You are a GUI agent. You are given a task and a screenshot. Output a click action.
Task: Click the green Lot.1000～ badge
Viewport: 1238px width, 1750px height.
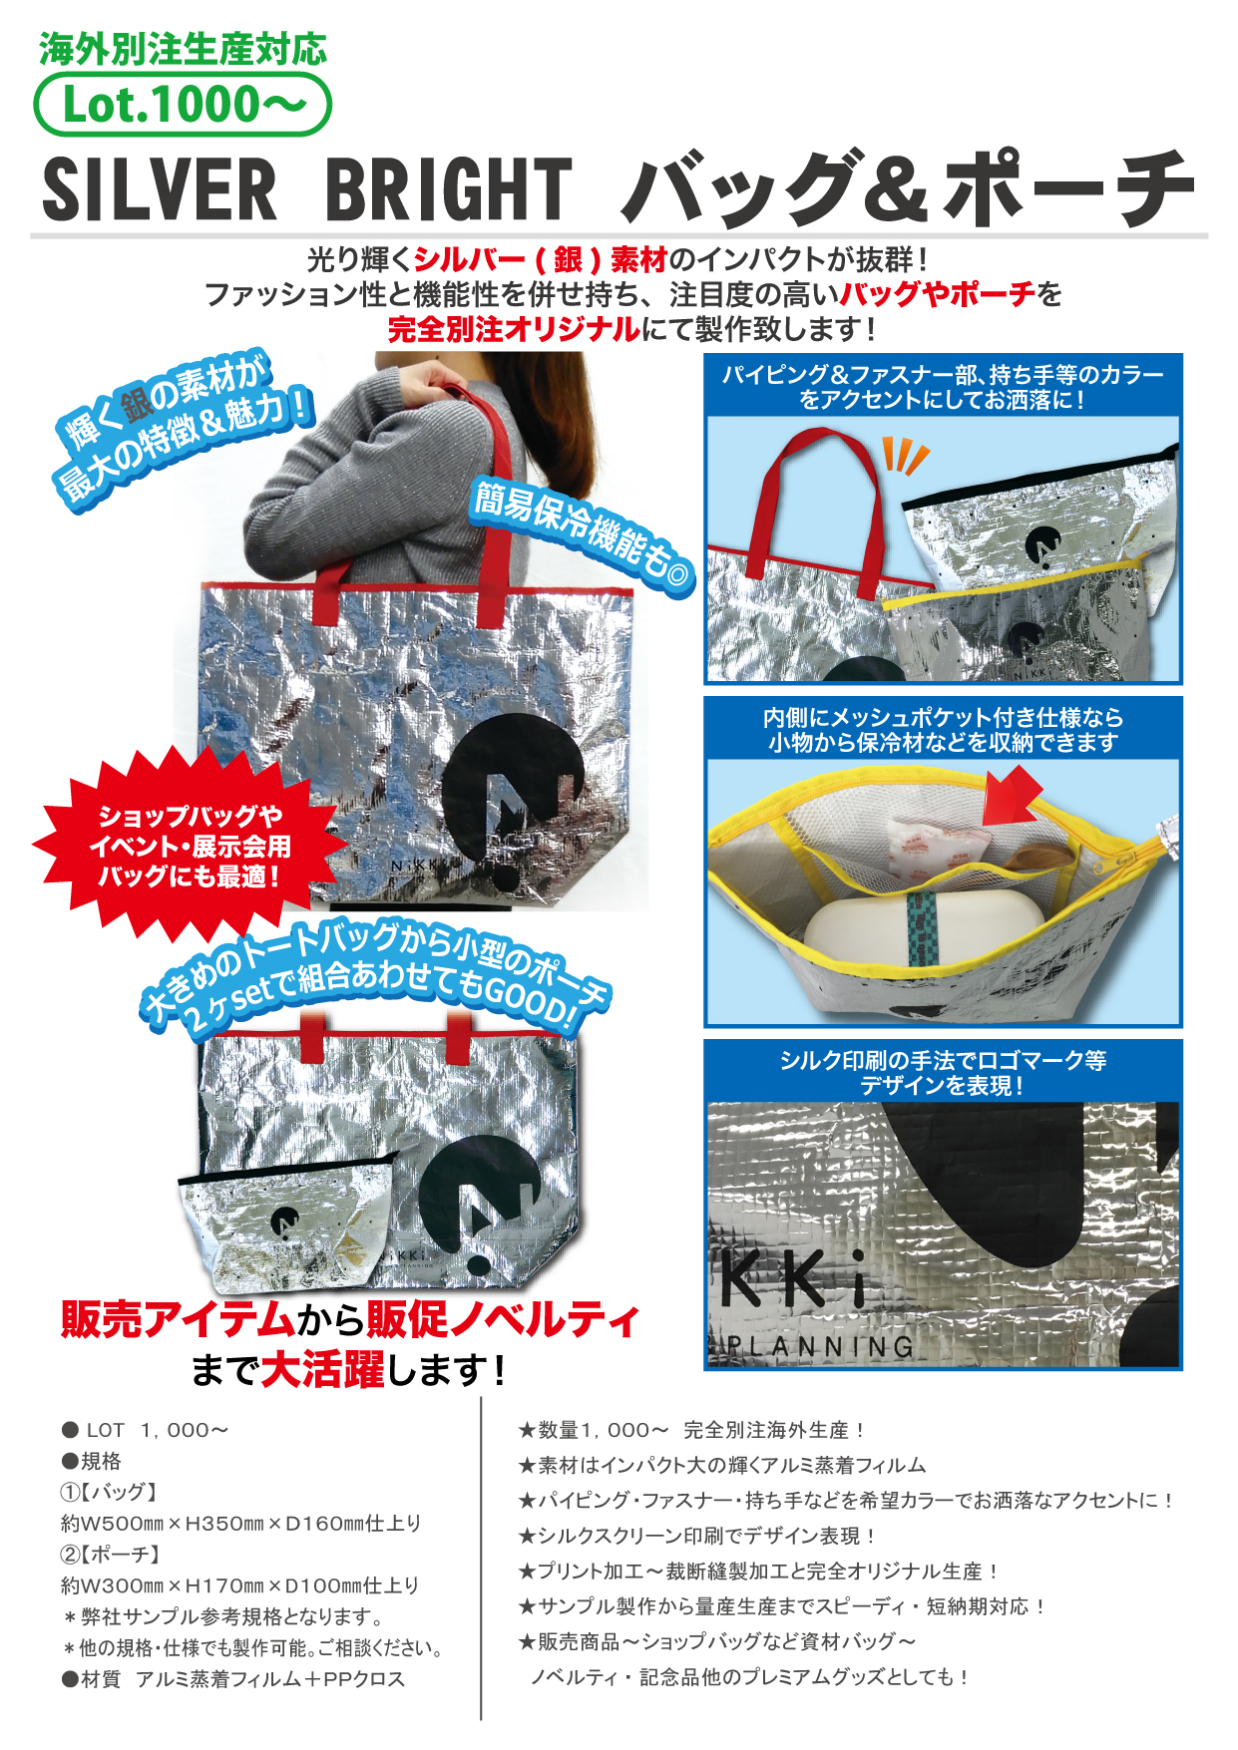(x=183, y=105)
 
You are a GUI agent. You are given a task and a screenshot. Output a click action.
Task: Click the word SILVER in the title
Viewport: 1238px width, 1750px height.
(x=160, y=189)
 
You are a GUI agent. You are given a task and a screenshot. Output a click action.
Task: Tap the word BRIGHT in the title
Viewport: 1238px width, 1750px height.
(x=449, y=189)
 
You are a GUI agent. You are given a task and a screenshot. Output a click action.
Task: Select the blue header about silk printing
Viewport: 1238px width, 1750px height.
(x=943, y=1072)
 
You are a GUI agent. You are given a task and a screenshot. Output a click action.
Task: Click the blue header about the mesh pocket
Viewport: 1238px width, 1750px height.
(x=943, y=729)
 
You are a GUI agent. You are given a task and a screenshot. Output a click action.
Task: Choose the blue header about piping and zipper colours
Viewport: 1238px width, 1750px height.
(x=943, y=386)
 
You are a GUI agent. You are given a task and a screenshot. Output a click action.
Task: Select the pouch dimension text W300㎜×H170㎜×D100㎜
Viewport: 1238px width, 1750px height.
(x=239, y=1585)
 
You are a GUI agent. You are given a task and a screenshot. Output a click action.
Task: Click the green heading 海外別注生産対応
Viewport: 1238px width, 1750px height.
(x=183, y=50)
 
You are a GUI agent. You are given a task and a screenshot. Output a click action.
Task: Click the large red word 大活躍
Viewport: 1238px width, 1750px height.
(x=322, y=1370)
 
